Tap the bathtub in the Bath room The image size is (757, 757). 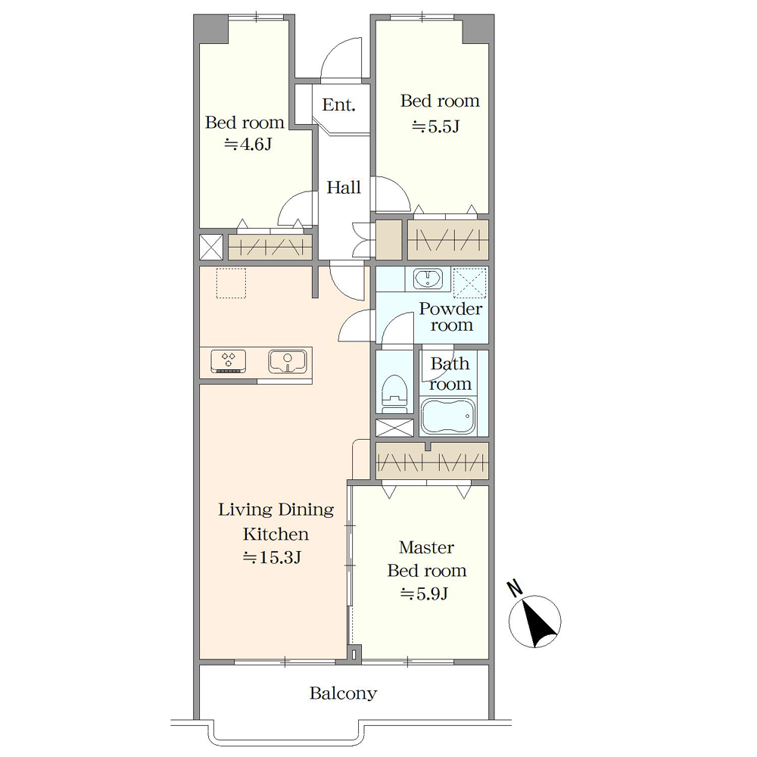point(448,416)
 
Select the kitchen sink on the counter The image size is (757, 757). point(287,362)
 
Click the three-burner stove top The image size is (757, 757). point(229,362)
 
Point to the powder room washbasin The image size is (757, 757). point(428,279)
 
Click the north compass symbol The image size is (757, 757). point(534,621)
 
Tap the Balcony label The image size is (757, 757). point(343,693)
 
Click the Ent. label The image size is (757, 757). point(339,104)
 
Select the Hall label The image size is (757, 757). point(344,187)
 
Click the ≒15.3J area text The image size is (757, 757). point(273,558)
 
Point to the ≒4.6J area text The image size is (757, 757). point(248,145)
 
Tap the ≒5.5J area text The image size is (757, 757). point(435,126)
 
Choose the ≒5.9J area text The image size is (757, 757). point(424,593)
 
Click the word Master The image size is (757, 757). point(427,547)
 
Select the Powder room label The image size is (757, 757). point(451,316)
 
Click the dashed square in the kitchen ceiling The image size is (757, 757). point(231,283)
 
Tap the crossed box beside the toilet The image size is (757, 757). point(394,428)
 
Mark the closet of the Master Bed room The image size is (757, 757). point(432,461)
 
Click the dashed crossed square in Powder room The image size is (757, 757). point(470,282)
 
